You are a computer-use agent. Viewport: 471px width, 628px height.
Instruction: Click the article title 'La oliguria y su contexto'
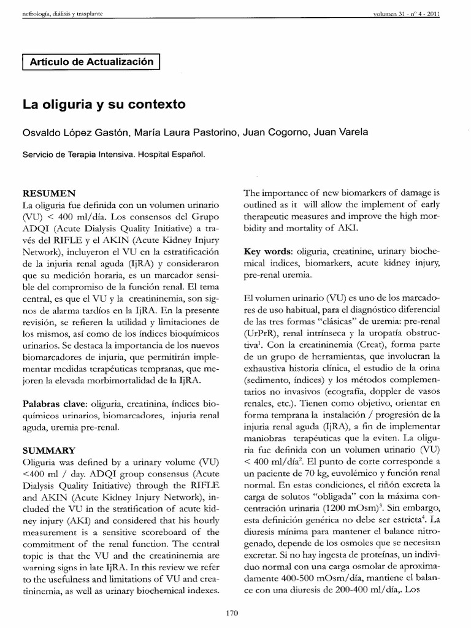104,104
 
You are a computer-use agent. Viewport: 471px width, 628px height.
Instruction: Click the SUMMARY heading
49,450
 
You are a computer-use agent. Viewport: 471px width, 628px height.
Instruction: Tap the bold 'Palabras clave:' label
53,404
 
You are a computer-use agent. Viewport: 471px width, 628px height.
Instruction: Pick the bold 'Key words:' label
267,252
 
